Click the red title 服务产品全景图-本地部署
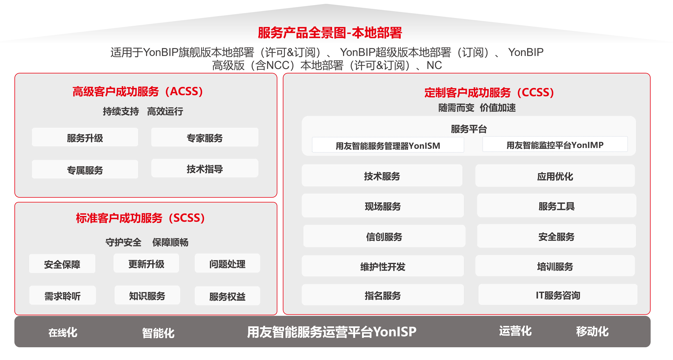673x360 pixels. [x=330, y=33]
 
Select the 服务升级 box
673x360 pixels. [x=85, y=137]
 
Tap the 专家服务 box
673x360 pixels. [x=204, y=137]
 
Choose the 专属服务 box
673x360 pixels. [x=85, y=170]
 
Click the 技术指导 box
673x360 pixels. [x=204, y=169]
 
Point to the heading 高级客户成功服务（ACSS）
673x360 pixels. [x=138, y=92]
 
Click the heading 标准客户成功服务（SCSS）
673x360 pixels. [x=140, y=218]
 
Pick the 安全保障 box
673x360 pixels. [x=62, y=264]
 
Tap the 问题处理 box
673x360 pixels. [x=227, y=263]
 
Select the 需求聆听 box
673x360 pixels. [x=62, y=295]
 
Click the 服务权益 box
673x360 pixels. [x=227, y=296]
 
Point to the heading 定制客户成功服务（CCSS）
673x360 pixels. [x=489, y=93]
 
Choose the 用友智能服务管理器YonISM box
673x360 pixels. [x=388, y=145]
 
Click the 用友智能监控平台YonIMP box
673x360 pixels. [x=555, y=145]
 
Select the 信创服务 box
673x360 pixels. [x=384, y=236]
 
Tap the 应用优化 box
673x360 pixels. [x=555, y=176]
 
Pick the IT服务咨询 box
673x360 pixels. [x=558, y=295]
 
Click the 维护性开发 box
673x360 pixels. [x=383, y=266]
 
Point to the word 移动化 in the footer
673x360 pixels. [x=592, y=331]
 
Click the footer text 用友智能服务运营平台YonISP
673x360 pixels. [x=332, y=332]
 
